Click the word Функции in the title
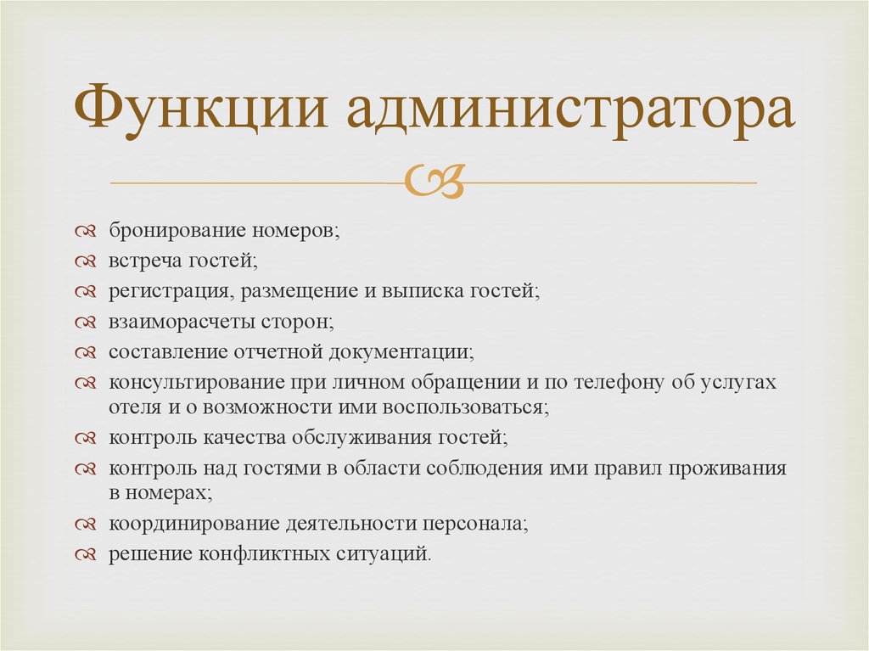200,108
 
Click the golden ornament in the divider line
434,182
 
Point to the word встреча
145,261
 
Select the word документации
401,352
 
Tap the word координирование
194,524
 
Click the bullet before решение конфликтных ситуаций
86,554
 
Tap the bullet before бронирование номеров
86,231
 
